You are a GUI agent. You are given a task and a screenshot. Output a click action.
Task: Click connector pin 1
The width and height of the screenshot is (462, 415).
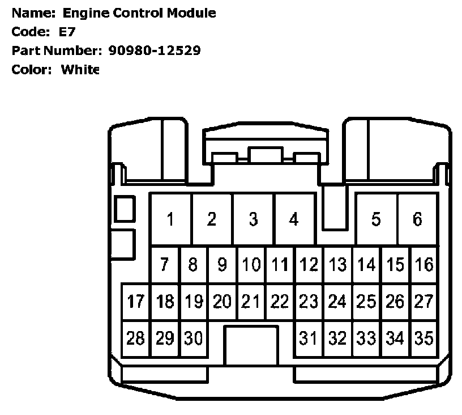pos(170,219)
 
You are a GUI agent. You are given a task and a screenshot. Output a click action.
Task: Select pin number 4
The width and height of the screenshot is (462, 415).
pos(293,219)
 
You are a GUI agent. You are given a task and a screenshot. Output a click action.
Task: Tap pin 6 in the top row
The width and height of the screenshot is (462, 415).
pos(417,219)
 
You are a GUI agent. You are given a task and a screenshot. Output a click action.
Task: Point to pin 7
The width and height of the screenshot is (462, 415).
pos(164,264)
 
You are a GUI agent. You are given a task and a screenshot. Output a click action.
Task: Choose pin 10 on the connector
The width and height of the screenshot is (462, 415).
pos(251,264)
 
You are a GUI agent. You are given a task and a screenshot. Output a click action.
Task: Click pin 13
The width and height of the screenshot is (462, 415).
pos(337,264)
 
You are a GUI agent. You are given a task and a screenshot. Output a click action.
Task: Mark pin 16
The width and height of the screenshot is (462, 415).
pos(423,264)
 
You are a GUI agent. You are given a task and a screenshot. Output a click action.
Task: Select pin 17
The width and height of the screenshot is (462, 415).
pos(136,301)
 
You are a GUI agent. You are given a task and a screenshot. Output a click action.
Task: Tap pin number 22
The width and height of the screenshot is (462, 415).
pos(280,301)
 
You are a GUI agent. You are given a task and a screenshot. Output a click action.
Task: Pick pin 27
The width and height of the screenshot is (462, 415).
pos(423,301)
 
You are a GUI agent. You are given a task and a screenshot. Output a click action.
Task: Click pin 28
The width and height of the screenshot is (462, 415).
pos(136,338)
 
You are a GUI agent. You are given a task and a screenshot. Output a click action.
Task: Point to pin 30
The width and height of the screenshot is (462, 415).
pos(194,338)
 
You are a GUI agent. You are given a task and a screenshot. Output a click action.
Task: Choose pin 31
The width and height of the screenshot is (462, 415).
pos(308,338)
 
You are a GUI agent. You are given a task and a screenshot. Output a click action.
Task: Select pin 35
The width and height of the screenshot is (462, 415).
pos(423,338)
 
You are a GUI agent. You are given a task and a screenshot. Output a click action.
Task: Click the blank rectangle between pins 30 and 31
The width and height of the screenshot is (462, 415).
pos(251,345)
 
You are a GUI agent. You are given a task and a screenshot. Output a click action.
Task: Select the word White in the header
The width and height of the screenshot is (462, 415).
pos(80,70)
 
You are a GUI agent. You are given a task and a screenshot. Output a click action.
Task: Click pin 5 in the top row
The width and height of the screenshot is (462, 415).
pos(376,219)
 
